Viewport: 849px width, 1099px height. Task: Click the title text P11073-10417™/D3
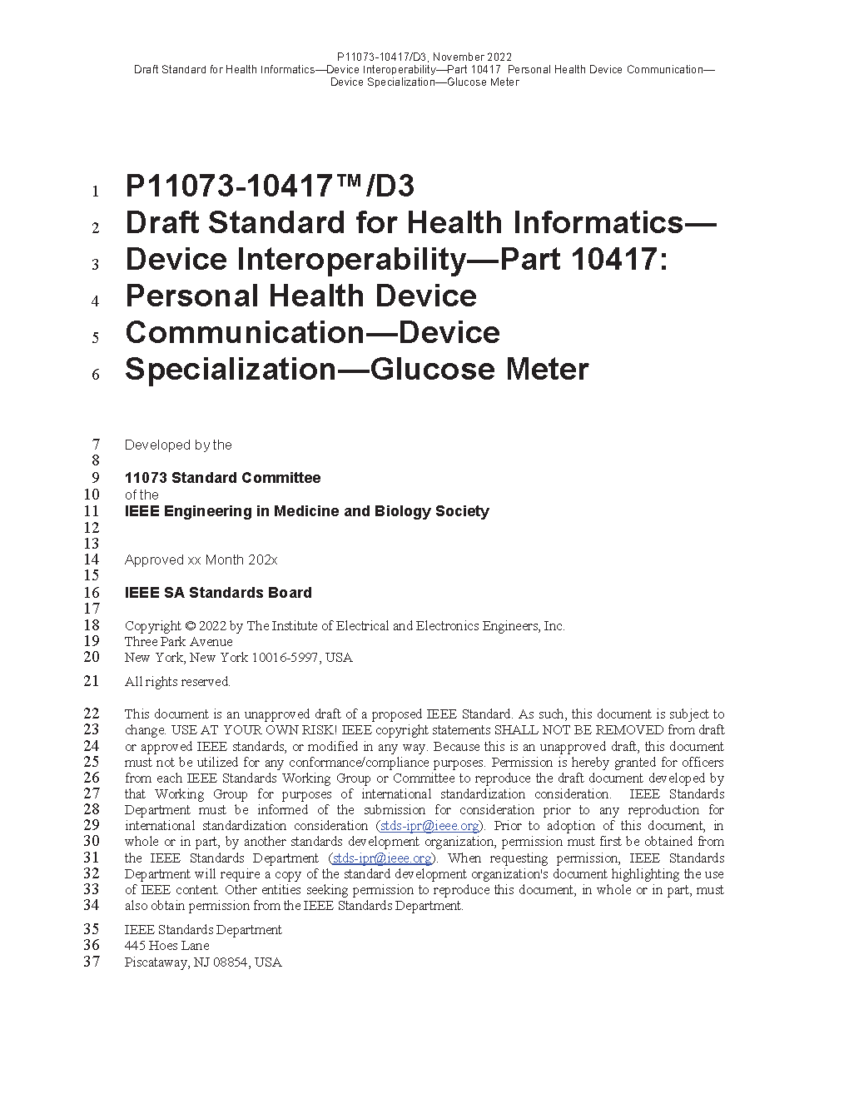coord(269,186)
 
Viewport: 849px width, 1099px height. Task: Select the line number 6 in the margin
coord(96,375)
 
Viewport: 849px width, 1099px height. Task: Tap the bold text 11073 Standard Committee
coord(222,478)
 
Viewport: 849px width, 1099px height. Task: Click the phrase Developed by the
coord(178,445)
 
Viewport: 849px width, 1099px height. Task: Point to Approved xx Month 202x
coord(201,560)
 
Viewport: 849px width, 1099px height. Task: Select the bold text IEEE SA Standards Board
coord(218,593)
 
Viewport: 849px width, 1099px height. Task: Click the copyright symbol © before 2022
coord(190,626)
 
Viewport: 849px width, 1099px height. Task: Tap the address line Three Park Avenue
coord(178,642)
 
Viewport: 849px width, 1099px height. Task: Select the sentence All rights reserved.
coord(177,682)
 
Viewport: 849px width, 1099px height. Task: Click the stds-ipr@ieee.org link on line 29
coord(429,826)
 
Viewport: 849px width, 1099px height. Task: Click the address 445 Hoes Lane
coord(166,946)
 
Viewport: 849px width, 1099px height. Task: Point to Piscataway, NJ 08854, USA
coord(203,962)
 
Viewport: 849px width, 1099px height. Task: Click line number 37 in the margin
coord(91,962)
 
